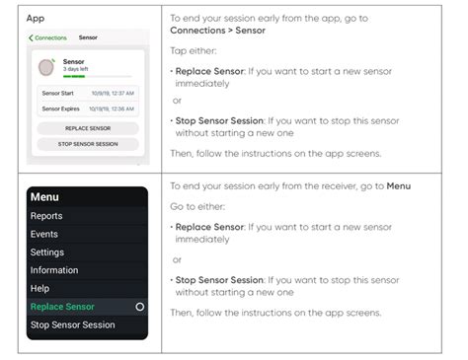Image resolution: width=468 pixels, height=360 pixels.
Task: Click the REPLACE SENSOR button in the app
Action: tap(88, 129)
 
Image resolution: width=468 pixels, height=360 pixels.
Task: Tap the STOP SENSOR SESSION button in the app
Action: tap(88, 144)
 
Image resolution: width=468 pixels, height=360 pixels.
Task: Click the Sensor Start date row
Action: tap(88, 94)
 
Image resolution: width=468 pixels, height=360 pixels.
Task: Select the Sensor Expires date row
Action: tap(88, 108)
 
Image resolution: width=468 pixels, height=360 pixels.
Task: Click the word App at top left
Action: tap(36, 18)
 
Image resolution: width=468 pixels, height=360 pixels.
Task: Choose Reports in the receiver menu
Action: tap(46, 216)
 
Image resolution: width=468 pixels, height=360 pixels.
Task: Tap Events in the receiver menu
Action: tap(44, 234)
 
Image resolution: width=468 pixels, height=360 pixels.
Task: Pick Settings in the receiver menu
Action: tap(47, 252)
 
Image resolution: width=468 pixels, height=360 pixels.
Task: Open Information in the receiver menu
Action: tap(54, 270)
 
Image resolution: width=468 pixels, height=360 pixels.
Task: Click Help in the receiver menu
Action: tap(40, 288)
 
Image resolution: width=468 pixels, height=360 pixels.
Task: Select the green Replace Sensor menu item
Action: tap(62, 307)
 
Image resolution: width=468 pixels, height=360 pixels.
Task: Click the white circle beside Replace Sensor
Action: tap(139, 307)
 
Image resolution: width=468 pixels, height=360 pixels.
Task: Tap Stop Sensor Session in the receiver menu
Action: tap(72, 324)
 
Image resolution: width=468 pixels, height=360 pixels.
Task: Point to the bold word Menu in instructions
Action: tap(399, 185)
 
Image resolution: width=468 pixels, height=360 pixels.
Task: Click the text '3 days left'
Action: tap(77, 70)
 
